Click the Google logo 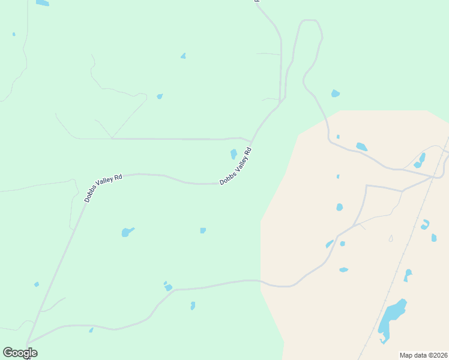pos(20,353)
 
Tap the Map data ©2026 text pos(423,355)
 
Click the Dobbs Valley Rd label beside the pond pos(235,166)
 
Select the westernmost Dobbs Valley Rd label pos(103,188)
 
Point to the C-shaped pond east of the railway pos(426,224)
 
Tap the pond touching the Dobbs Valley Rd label pos(234,154)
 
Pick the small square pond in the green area pos(203,230)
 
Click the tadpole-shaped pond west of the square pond pos(127,232)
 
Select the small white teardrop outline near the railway pos(391,238)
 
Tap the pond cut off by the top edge pos(42,3)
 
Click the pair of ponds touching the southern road pos(167,287)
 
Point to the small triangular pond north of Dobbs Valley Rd pos(183,56)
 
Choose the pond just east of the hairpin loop pos(335,94)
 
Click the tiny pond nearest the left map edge pos(14,34)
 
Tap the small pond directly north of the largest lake pos(408,274)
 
